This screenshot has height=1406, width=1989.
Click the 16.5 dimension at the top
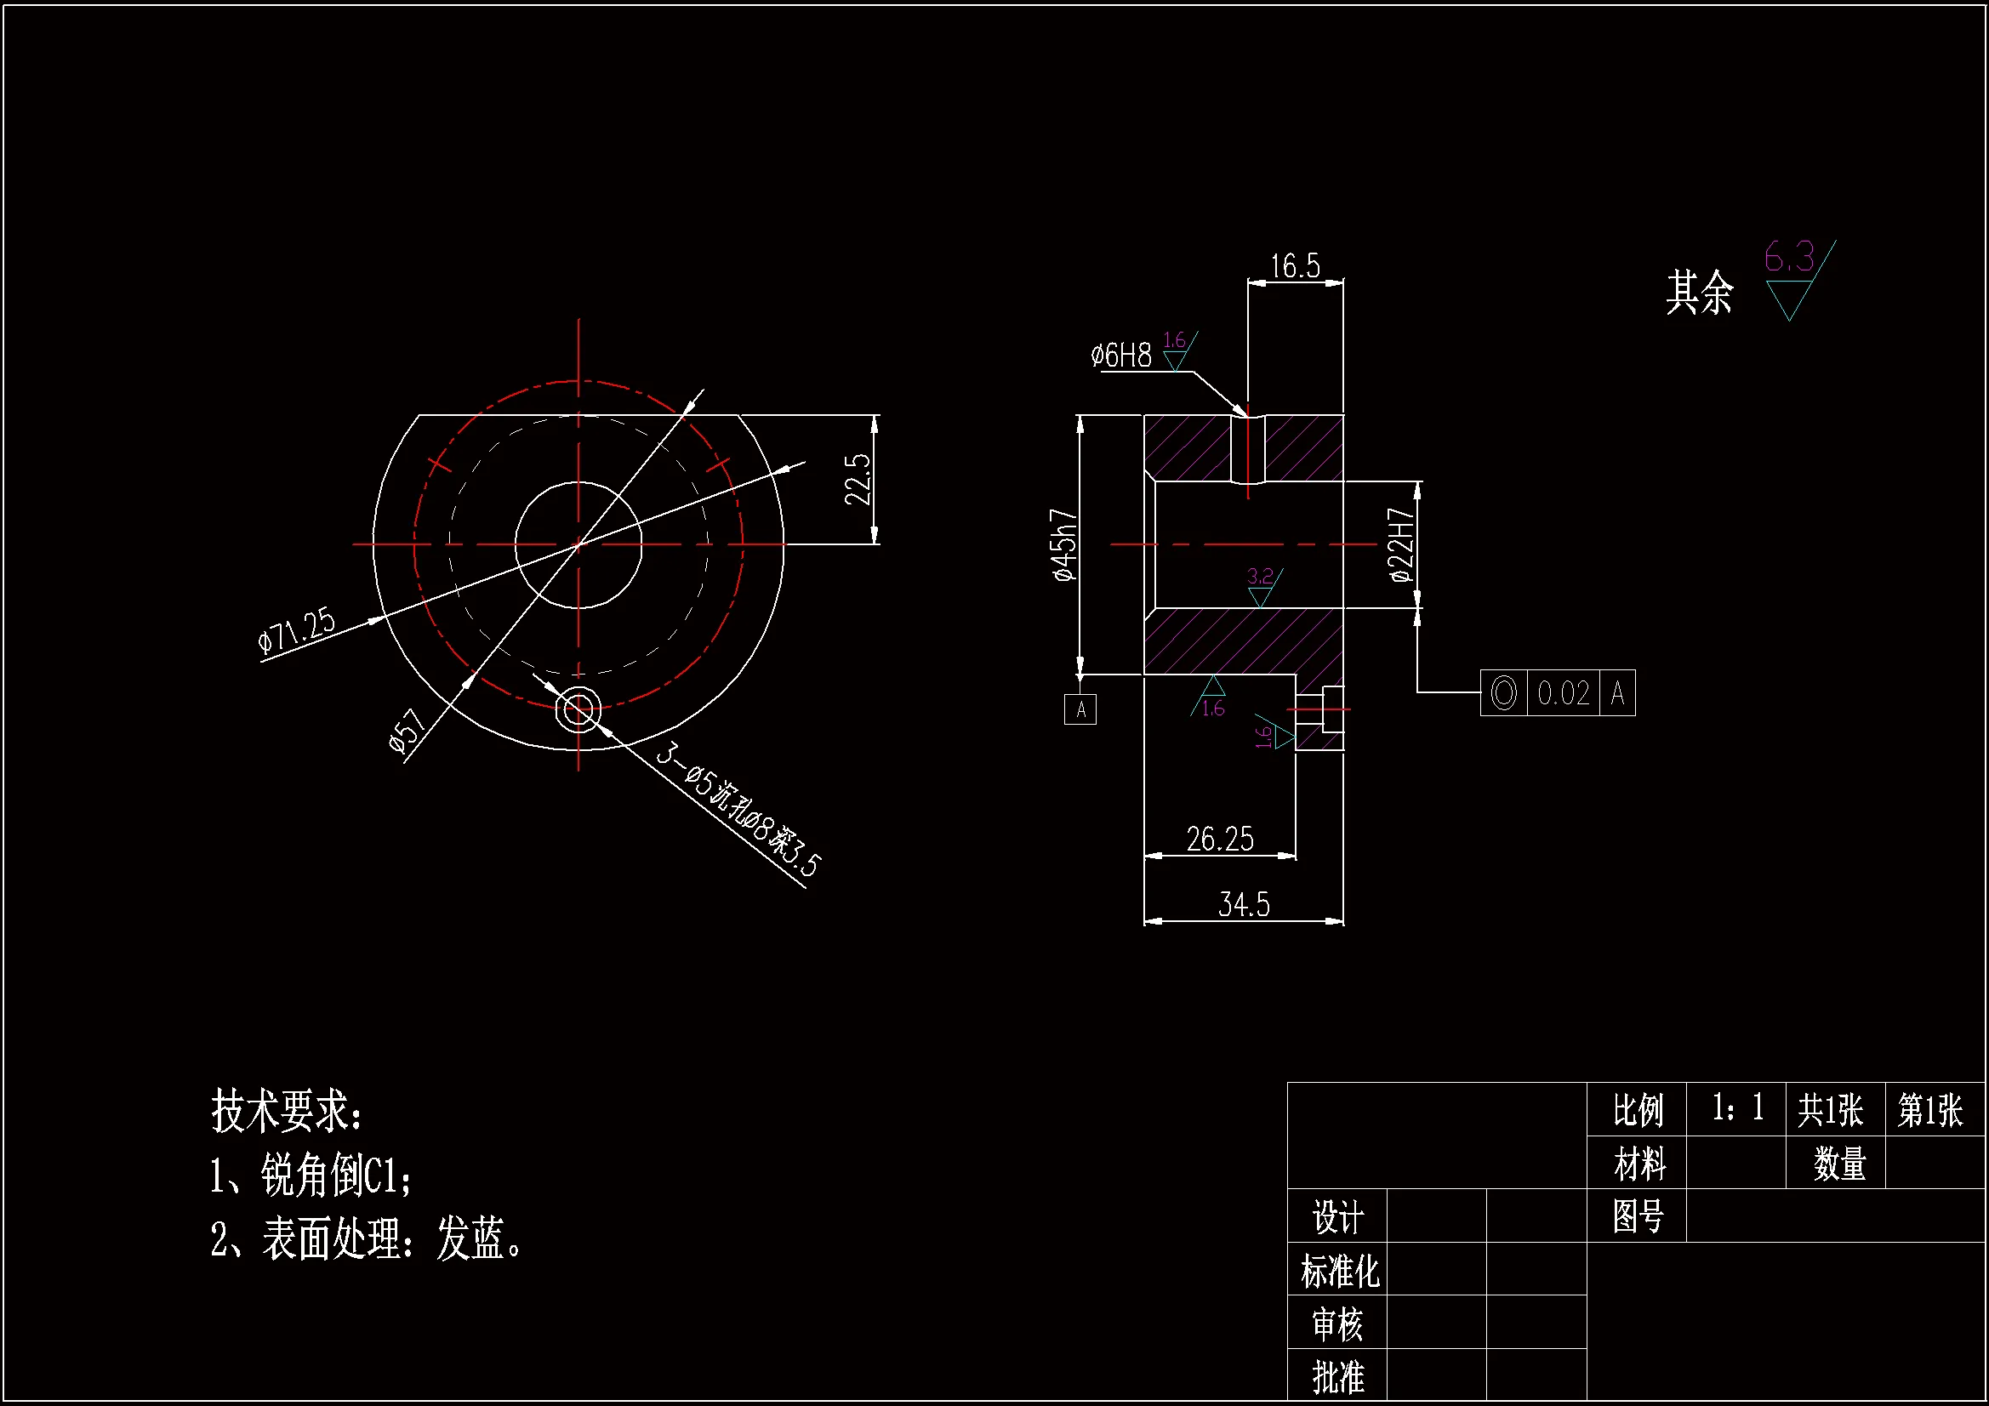tap(1295, 266)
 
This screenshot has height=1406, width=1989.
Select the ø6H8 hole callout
tap(1121, 356)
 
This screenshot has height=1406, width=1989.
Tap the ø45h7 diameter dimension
tap(1063, 545)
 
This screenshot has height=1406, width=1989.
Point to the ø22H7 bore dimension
tap(1400, 545)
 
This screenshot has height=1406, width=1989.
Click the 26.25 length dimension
tap(1220, 839)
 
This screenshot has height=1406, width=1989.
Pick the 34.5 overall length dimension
tap(1244, 904)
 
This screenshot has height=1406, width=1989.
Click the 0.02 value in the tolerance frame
tap(1563, 693)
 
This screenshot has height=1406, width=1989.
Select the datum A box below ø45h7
tap(1080, 709)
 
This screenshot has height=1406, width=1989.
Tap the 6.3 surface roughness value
tap(1789, 257)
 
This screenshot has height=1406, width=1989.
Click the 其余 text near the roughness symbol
tap(1700, 292)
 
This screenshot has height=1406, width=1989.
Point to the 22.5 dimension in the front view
tap(858, 479)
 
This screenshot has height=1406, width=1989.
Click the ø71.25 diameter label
tap(296, 629)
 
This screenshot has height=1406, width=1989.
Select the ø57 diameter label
tap(407, 730)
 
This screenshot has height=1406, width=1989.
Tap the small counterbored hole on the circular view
tap(578, 709)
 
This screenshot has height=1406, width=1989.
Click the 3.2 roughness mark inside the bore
tap(1261, 577)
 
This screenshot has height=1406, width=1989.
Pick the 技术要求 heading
tap(287, 1112)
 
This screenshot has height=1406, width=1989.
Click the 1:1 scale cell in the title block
tap(1736, 1108)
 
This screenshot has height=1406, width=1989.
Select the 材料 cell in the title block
tap(1639, 1163)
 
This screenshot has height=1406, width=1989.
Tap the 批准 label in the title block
tap(1337, 1376)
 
